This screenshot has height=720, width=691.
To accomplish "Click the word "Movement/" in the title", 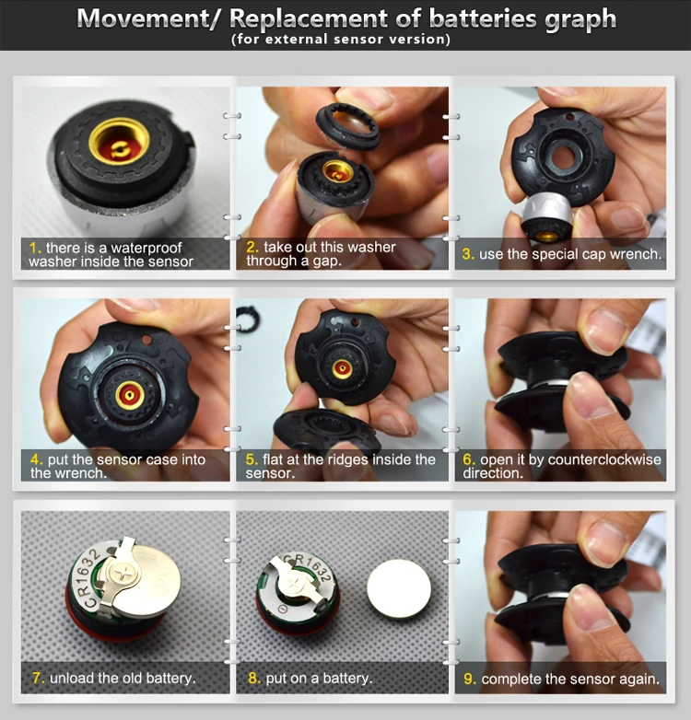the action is click(x=146, y=18).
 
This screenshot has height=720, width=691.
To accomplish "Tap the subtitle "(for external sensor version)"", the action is click(x=341, y=39).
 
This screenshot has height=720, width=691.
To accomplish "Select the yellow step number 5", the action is click(x=252, y=459).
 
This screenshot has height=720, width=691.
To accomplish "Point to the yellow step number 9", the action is click(x=470, y=679).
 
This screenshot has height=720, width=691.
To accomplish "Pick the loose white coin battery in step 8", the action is click(x=399, y=588).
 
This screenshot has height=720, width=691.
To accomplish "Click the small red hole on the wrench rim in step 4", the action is click(x=147, y=341).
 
